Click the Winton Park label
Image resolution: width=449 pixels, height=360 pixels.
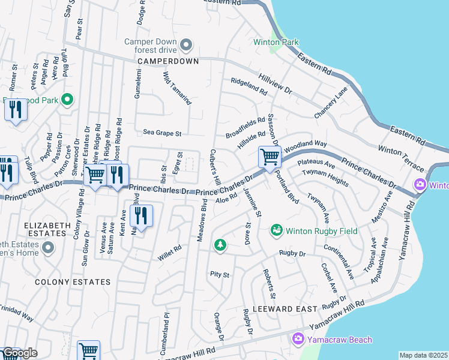point(276,43)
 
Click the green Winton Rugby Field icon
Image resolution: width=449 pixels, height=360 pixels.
point(276,230)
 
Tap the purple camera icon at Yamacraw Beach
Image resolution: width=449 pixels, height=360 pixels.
point(298,340)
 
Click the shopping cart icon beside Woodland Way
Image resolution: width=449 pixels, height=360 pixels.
point(270,157)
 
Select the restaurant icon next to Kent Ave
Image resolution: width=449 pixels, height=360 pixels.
point(141,215)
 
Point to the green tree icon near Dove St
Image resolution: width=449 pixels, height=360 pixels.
point(220,245)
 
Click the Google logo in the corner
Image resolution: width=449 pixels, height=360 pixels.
point(19,353)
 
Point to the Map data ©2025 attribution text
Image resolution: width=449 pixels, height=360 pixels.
point(423,355)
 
